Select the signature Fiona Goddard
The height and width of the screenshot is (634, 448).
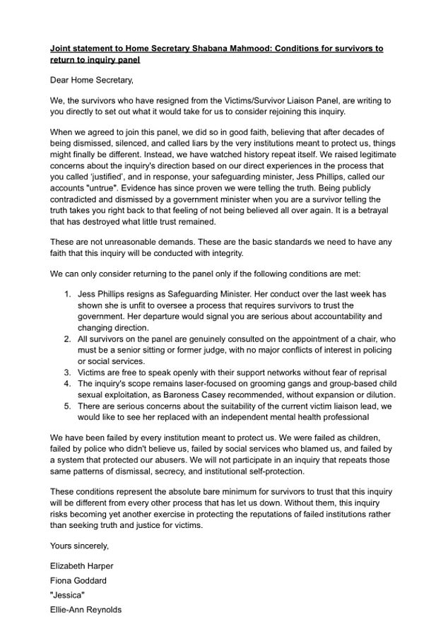(x=78, y=580)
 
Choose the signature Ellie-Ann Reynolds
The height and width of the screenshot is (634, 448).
(x=86, y=609)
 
